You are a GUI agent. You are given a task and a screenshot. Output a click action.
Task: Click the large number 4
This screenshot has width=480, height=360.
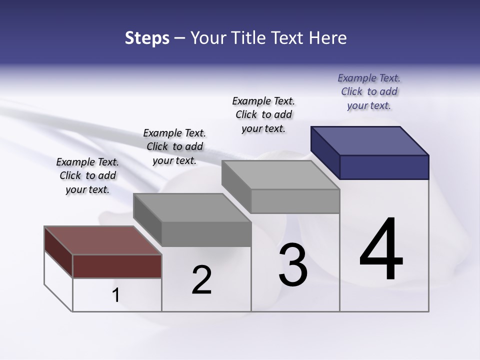(381, 249)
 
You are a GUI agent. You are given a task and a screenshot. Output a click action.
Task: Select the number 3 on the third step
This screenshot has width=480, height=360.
(293, 265)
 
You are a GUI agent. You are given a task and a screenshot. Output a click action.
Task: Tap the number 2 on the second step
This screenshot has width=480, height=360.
(201, 280)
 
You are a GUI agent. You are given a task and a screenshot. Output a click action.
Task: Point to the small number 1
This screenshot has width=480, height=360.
(115, 295)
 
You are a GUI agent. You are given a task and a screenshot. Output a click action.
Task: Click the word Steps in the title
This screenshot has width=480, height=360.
(147, 38)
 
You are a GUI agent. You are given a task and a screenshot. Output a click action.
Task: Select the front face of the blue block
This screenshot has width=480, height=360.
(384, 167)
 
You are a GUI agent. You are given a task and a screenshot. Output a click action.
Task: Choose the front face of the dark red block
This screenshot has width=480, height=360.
(117, 266)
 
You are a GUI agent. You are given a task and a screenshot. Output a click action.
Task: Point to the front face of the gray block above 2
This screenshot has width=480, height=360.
(206, 234)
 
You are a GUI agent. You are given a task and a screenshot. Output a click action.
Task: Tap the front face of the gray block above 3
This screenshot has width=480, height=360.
(295, 201)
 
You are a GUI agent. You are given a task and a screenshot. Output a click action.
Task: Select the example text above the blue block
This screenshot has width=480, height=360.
(369, 91)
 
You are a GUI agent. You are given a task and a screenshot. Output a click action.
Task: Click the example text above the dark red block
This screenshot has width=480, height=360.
(87, 175)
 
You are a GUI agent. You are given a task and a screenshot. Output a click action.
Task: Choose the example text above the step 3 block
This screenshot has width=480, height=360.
(263, 114)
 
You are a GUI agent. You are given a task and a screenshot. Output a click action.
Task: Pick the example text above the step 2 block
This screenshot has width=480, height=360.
(174, 146)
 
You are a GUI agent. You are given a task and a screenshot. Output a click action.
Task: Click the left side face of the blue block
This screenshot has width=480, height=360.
(325, 152)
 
